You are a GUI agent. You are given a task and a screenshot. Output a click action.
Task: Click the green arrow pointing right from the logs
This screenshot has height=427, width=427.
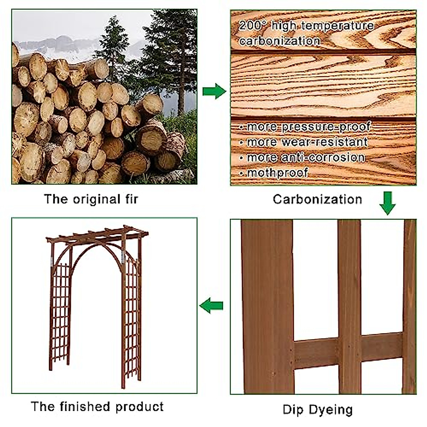click(214, 91)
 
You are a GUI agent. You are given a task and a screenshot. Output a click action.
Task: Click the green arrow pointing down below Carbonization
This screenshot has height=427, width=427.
click(387, 203)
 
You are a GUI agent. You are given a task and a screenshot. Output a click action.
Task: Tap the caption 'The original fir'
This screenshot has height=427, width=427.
click(91, 199)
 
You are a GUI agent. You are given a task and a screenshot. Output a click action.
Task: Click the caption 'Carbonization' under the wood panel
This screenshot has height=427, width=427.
click(317, 199)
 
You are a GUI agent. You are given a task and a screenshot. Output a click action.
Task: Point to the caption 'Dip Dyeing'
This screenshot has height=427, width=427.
click(317, 409)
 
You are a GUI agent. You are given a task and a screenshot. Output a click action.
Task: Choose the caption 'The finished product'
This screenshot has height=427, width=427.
click(97, 406)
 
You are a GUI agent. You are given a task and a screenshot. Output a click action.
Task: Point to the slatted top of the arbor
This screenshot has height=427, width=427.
click(98, 234)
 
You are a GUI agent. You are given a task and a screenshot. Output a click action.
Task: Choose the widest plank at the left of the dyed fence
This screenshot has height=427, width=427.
click(267, 306)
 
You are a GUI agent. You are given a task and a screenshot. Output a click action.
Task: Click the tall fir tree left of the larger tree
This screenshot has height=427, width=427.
click(113, 46)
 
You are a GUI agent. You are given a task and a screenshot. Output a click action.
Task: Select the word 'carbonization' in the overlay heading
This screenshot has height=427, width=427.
click(279, 41)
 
